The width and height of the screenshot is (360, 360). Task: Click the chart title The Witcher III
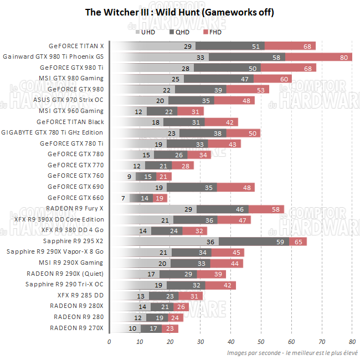[179, 12]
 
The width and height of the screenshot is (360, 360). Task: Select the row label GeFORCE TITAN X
[76, 46]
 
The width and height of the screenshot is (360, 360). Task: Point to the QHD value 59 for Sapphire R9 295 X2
[280, 241]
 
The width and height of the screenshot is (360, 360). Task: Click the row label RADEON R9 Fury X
[75, 209]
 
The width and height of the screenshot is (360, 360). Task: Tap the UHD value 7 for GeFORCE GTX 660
[123, 198]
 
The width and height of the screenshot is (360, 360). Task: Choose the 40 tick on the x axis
[231, 341]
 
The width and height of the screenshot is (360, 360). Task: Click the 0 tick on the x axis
[110, 341]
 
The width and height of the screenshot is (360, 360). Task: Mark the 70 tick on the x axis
[322, 341]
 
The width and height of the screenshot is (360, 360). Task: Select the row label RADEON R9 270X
[76, 328]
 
